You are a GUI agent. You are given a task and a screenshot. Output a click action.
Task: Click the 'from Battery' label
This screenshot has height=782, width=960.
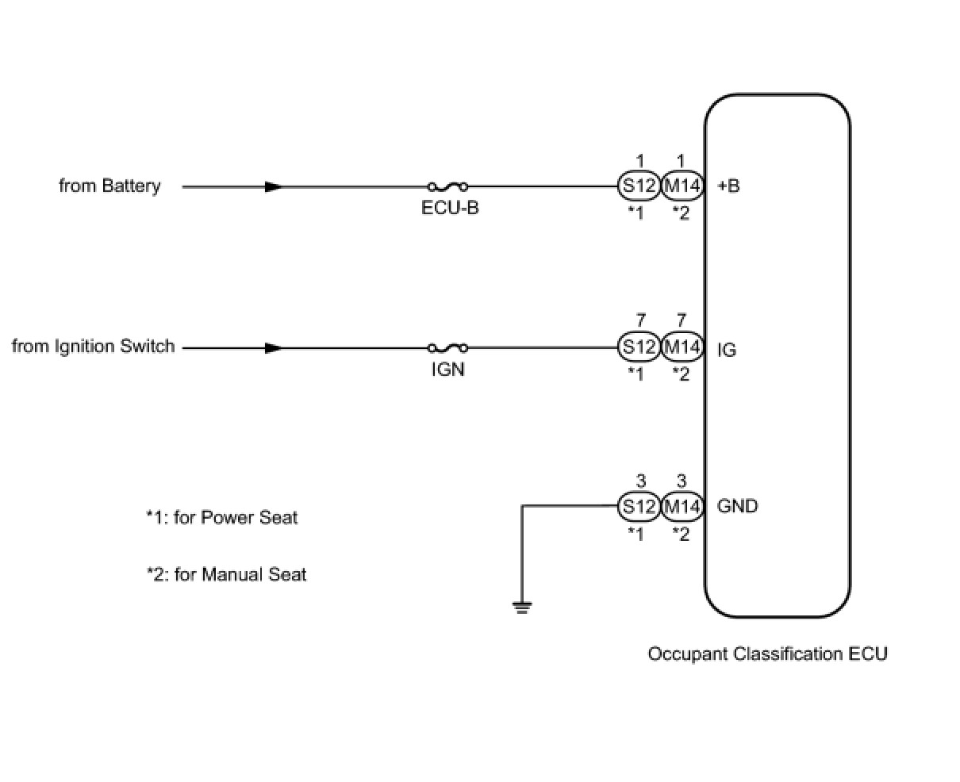point(109,186)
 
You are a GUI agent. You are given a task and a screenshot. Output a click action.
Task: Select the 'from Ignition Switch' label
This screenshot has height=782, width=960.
point(94,347)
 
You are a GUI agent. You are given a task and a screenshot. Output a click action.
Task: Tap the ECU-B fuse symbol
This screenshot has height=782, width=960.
point(447,186)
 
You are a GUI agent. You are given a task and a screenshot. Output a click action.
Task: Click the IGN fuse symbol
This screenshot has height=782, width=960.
point(447,347)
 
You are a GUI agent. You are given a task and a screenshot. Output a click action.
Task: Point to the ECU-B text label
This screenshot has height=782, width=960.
point(450,208)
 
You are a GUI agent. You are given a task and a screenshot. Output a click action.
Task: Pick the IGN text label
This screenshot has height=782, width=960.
point(447,370)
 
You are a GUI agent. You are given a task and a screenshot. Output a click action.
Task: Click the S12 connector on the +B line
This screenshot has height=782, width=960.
point(639,185)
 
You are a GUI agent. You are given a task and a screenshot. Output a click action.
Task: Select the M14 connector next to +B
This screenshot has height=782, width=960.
point(682,185)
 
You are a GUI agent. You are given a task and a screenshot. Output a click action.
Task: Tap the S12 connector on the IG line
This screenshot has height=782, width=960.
point(639,347)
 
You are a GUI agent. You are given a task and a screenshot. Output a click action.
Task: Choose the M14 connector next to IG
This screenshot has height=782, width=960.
point(682,347)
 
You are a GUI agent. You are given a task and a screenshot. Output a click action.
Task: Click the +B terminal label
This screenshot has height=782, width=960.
point(728,186)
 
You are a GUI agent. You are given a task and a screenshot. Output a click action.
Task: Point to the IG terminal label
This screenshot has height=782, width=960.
point(727,350)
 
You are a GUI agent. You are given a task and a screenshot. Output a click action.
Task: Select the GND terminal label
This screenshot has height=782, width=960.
point(737,506)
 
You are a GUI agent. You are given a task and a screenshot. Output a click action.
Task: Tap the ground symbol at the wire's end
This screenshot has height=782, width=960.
point(522,608)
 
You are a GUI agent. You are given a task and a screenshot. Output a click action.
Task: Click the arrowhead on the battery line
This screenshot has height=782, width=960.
point(274,186)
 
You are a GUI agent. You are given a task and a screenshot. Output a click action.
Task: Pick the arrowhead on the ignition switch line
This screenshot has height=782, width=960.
point(274,347)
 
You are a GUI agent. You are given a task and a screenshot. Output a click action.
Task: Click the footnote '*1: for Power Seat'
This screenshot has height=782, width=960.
point(221,518)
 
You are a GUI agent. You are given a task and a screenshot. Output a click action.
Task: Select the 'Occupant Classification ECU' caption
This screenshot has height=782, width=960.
point(767,654)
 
